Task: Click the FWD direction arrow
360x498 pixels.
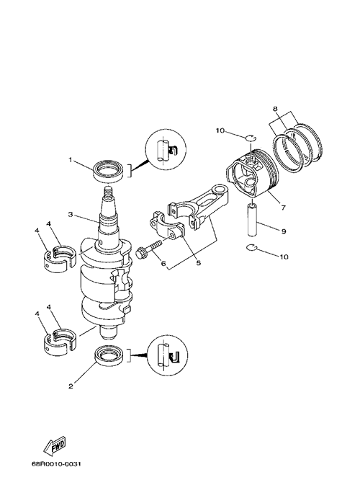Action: [55, 445]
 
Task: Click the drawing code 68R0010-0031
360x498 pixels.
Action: [56, 473]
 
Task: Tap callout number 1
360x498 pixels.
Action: [71, 160]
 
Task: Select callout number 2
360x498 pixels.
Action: [71, 386]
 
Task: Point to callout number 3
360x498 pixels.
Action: [71, 214]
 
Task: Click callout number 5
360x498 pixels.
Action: [198, 263]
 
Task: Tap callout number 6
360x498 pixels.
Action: [163, 263]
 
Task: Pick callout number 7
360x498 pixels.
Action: [283, 208]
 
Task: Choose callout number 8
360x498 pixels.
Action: [275, 109]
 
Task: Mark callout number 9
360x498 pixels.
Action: [284, 231]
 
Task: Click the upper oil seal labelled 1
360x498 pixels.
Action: [108, 171]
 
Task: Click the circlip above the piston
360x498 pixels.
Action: [251, 137]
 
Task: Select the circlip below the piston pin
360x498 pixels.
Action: [253, 248]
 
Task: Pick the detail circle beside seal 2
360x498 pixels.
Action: [168, 356]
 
